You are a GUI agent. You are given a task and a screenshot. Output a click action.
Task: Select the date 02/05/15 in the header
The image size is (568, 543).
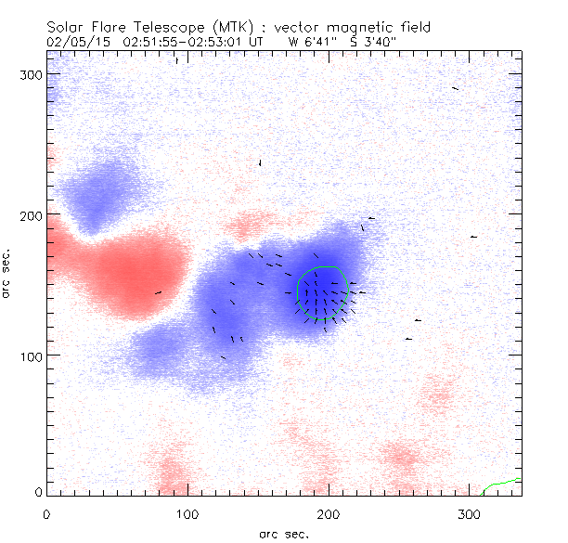coord(73,41)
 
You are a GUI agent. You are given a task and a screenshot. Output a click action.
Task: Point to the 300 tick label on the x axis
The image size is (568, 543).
coord(469,514)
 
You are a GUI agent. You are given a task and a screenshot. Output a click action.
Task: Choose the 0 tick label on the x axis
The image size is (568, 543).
coord(46,514)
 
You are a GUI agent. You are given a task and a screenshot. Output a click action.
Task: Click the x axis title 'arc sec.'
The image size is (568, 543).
coord(283,533)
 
